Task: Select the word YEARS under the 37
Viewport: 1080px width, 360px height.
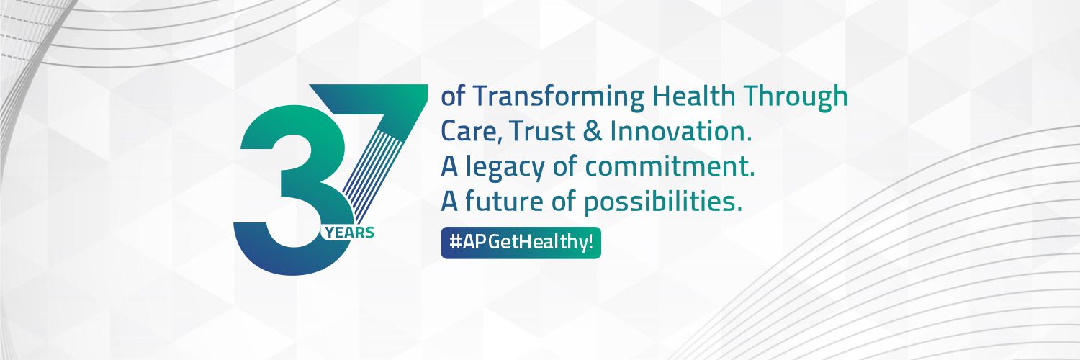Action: click(x=349, y=233)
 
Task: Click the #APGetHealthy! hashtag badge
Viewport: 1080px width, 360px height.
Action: click(x=521, y=243)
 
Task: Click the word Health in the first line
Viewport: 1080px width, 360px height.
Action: click(x=693, y=96)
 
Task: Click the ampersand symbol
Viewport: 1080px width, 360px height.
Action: click(x=593, y=132)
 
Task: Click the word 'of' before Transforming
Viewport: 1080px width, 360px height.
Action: click(x=453, y=96)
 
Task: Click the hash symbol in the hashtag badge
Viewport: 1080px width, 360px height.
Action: click(x=454, y=243)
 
